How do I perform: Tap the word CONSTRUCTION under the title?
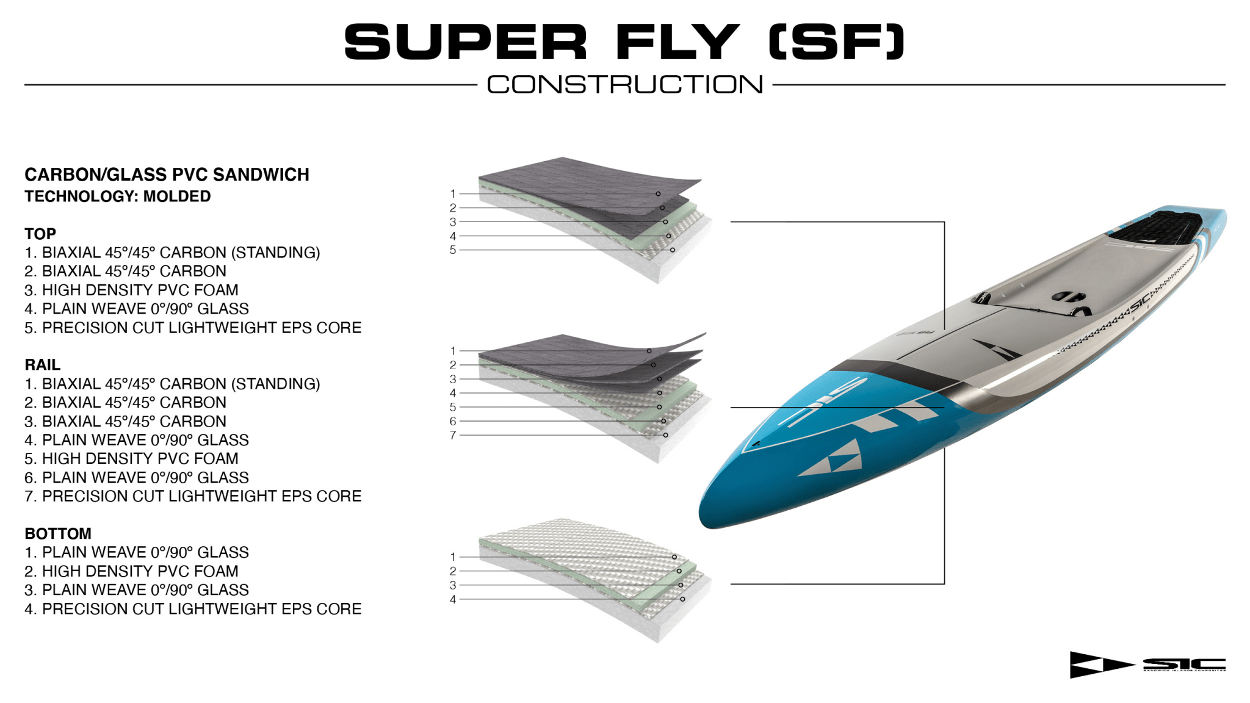[x=625, y=85]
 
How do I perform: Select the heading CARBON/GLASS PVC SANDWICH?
[x=167, y=175]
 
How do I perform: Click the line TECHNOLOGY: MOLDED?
[x=117, y=196]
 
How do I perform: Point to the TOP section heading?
[x=40, y=234]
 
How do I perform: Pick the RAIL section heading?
[x=42, y=365]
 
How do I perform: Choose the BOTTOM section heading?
[x=58, y=533]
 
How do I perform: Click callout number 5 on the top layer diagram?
[x=453, y=250]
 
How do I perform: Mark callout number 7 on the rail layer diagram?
[x=453, y=435]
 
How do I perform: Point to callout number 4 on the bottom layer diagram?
[x=453, y=599]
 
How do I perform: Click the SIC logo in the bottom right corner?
[x=1147, y=665]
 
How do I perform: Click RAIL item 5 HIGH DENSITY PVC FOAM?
[x=140, y=458]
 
